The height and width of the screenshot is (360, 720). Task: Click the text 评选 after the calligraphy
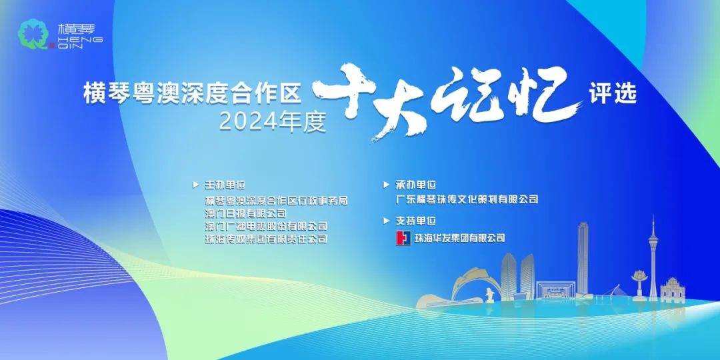(613, 93)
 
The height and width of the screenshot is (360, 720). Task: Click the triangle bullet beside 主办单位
(195, 185)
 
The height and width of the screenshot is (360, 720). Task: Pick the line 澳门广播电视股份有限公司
(266, 226)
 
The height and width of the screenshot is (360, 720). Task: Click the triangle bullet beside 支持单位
(386, 221)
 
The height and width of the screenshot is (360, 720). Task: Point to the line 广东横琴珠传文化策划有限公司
(467, 199)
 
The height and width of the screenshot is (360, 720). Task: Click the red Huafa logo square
(403, 238)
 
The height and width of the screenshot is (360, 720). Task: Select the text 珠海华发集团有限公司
(459, 238)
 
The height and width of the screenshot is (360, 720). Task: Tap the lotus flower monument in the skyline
(639, 277)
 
